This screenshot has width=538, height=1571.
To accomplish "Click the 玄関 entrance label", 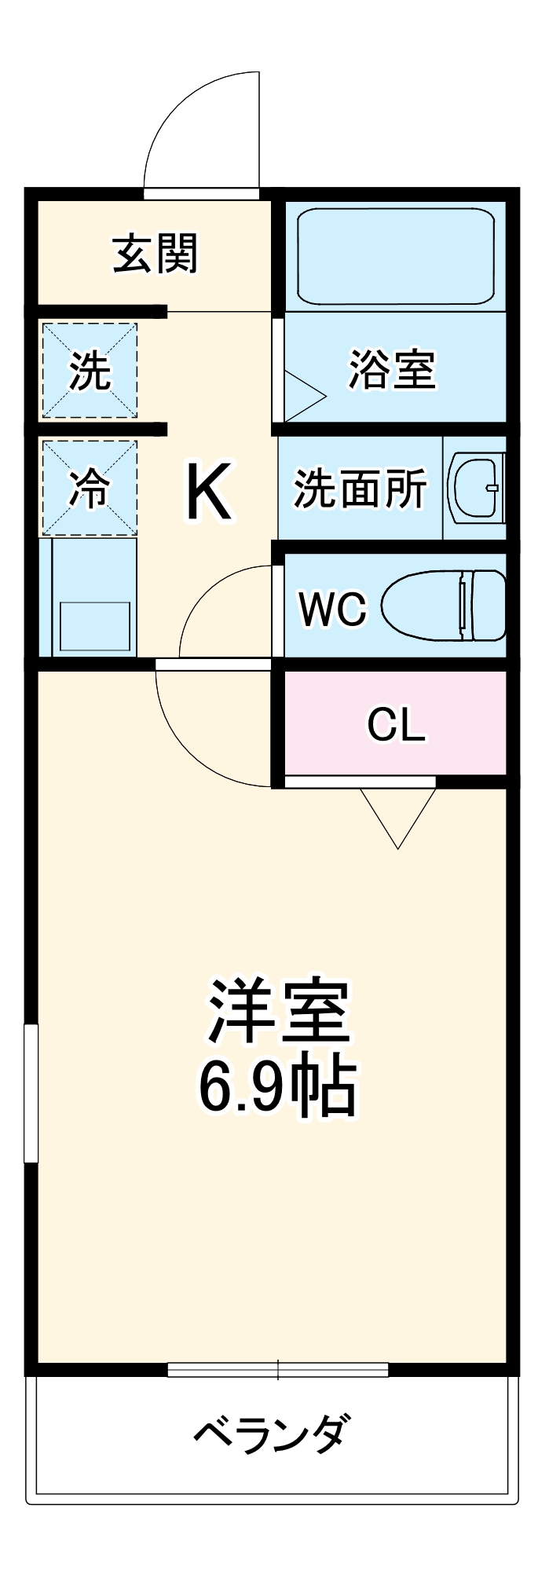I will (x=156, y=254).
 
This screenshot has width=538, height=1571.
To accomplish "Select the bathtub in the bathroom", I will (x=395, y=255).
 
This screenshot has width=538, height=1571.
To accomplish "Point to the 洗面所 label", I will (x=360, y=489).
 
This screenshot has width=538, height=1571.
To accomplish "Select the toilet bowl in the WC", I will (x=444, y=605).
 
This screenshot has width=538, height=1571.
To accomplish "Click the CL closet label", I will (x=396, y=724).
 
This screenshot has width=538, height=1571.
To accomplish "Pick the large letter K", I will (x=208, y=492).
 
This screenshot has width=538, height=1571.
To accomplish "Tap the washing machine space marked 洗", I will (x=90, y=370).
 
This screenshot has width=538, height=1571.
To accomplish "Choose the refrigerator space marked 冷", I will (x=90, y=488).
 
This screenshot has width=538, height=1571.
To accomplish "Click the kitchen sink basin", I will (x=94, y=626).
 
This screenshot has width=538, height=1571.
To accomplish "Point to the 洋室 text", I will (x=278, y=1011).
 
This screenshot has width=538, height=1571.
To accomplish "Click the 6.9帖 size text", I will (x=278, y=1089).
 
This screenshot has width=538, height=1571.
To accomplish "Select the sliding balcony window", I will (x=278, y=1369).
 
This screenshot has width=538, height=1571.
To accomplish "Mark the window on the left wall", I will (x=31, y=1093).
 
